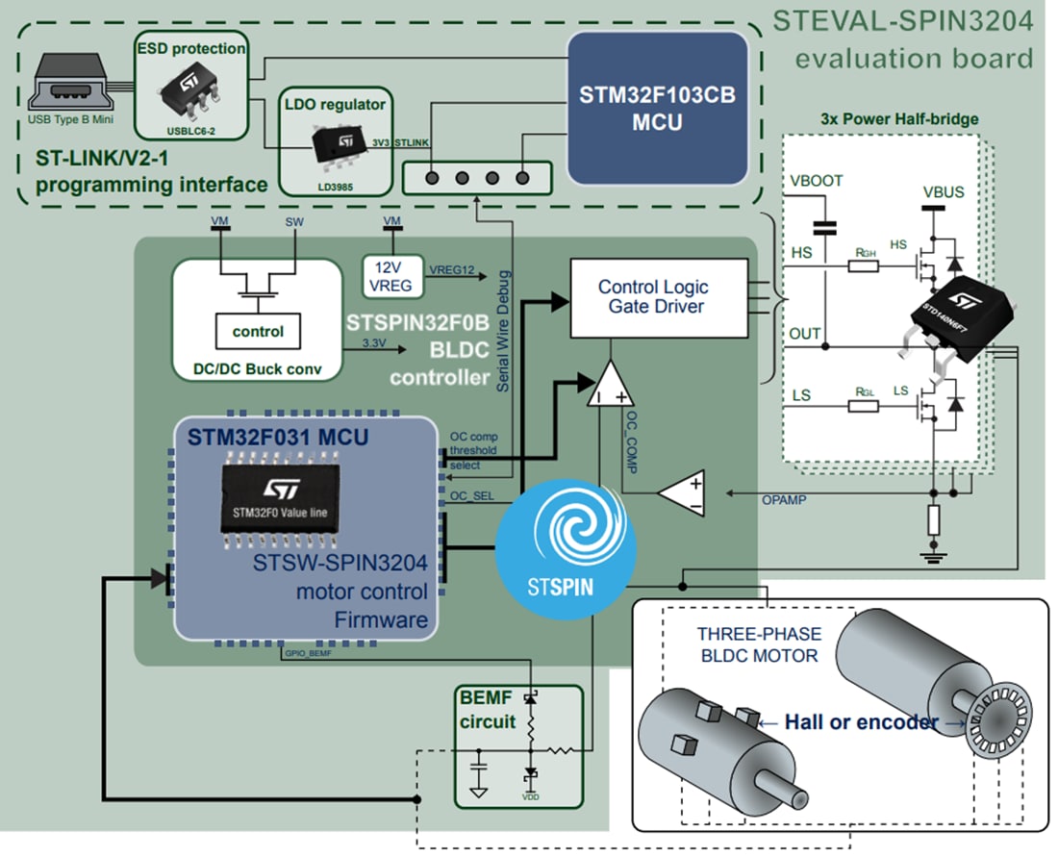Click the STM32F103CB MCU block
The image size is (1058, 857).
(657, 108)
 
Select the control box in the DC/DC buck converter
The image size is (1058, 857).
(258, 331)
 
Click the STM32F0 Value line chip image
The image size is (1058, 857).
(278, 499)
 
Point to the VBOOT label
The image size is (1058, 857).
(816, 180)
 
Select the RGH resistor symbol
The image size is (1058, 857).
(864, 265)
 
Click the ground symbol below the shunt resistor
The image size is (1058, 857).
(932, 554)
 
